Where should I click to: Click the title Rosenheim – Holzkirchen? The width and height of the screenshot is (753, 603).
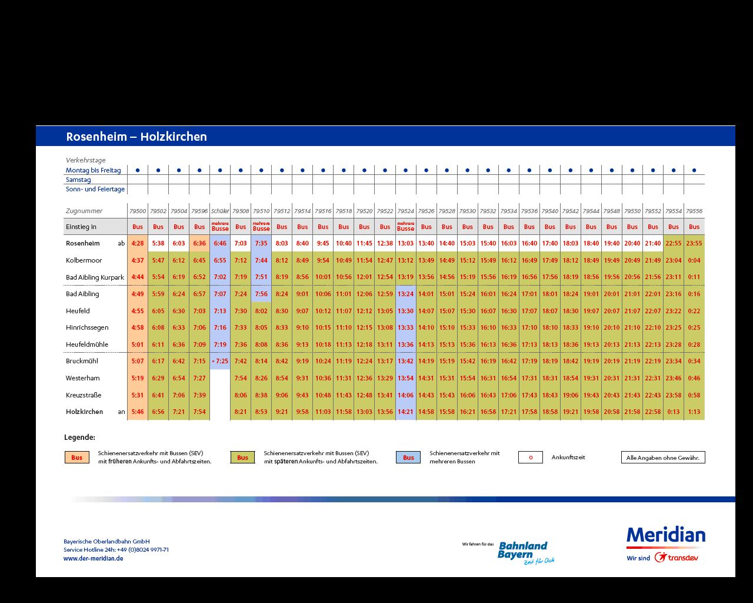tap(136, 136)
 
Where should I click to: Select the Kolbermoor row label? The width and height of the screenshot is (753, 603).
tap(84, 260)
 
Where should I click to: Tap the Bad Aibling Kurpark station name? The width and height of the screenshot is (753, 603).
tap(95, 277)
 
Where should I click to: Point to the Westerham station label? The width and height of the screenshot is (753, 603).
tap(82, 378)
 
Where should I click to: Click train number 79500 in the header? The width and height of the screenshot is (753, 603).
tap(138, 211)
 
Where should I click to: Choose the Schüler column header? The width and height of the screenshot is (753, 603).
tap(220, 211)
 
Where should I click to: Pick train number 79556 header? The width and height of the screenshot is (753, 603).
tap(694, 211)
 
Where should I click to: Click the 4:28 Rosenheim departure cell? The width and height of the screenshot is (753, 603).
tap(138, 243)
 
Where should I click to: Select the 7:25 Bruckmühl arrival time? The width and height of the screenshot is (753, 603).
tap(220, 361)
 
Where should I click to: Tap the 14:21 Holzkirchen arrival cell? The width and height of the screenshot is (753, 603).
tap(405, 412)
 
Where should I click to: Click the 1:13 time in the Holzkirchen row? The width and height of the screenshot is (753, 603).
tap(694, 412)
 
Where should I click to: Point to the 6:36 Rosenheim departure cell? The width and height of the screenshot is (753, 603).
tap(199, 243)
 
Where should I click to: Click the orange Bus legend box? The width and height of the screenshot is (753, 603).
tap(77, 457)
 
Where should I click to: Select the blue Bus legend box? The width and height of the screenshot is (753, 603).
tap(408, 457)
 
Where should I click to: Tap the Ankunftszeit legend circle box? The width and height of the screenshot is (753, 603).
tap(531, 457)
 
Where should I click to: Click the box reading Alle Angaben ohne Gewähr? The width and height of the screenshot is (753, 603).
tap(663, 457)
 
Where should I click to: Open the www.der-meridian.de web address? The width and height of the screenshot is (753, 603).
tap(93, 558)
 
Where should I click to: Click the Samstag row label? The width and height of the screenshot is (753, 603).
tap(78, 180)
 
